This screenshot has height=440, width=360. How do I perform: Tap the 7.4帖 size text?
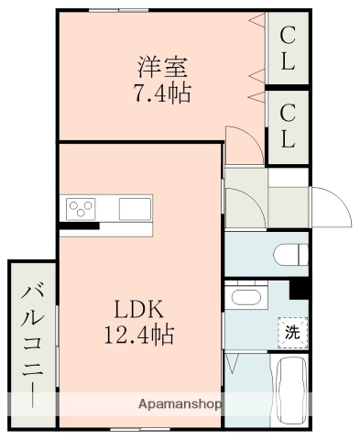coord(163,93)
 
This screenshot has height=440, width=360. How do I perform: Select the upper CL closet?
coord(288,49)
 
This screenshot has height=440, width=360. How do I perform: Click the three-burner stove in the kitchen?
coord(80,209)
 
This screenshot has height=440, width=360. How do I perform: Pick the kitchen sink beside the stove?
coord(133,209)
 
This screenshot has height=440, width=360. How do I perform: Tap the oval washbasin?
coord(244,297)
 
